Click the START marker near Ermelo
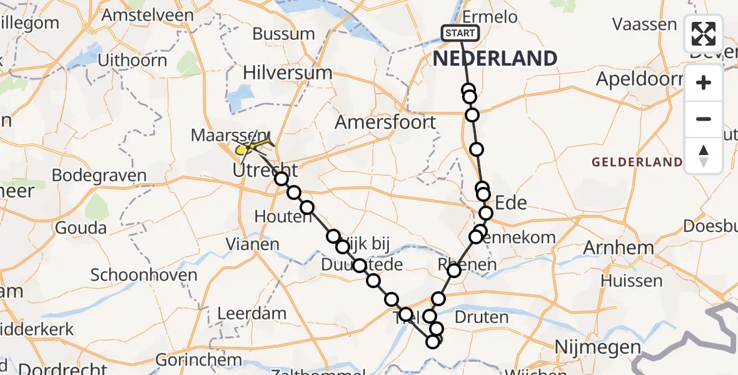pyautogui.click(x=460, y=32)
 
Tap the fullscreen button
pyautogui.click(x=704, y=34)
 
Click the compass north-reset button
pyautogui.click(x=704, y=156)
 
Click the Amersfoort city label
pyautogui.click(x=385, y=122)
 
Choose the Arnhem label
pyautogui.click(x=618, y=247)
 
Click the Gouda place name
pyautogui.click(x=81, y=227)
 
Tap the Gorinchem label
pyautogui.click(x=198, y=360)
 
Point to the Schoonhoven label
pyautogui.click(x=144, y=275)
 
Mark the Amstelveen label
pyautogui.click(x=149, y=15)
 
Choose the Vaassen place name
pyautogui.click(x=644, y=24)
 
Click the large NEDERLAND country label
pyautogui.click(x=494, y=59)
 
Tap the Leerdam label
pyautogui.click(x=251, y=313)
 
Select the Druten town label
pyautogui.click(x=482, y=317)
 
